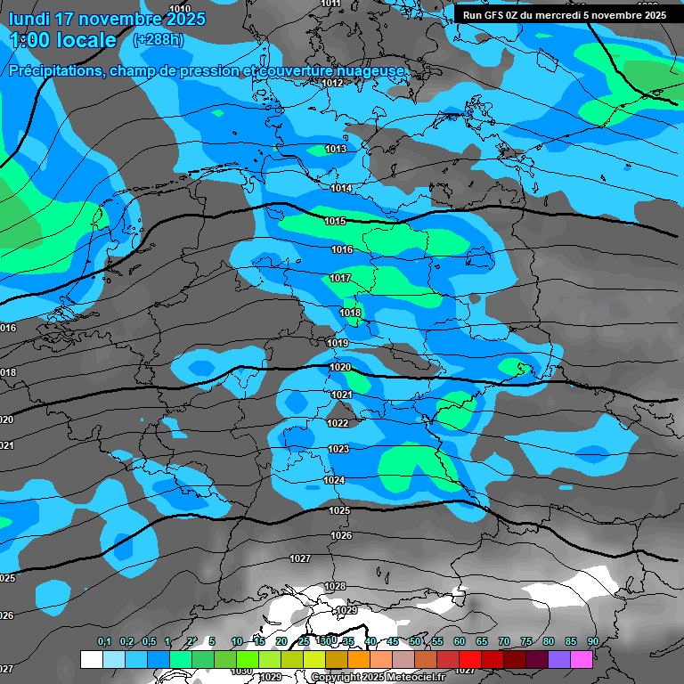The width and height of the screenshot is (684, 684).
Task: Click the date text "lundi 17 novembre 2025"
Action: point(107,19)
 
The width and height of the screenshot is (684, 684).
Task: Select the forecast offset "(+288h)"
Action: point(159,40)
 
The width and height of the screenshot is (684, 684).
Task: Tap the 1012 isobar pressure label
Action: point(333,83)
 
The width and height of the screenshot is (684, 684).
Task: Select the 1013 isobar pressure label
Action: point(336,149)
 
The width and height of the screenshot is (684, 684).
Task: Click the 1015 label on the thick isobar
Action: point(335,221)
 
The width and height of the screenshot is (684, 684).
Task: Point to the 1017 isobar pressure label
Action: point(340,279)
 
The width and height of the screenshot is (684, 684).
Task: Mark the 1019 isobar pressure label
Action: point(338,343)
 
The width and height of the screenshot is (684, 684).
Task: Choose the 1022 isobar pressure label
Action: point(338,423)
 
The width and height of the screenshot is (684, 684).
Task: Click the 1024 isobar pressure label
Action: point(334,480)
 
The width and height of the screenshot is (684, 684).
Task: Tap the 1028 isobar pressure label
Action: point(335,586)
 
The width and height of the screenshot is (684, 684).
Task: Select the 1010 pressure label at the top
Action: point(180,8)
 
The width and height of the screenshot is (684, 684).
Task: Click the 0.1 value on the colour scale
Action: point(104,642)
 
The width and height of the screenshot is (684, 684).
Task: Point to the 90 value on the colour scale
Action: point(592,642)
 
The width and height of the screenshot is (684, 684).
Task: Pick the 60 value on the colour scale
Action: point(460,642)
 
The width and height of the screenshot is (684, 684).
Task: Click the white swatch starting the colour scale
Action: point(91,659)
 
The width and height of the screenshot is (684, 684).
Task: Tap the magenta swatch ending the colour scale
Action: point(582,659)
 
